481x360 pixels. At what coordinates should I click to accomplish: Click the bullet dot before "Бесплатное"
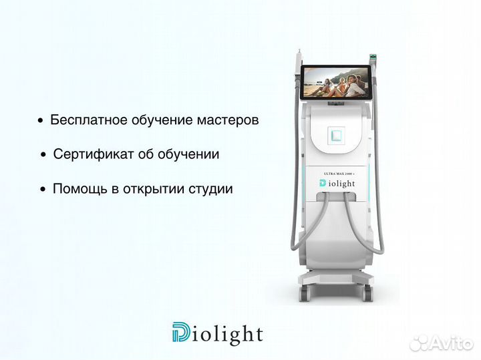[41, 122]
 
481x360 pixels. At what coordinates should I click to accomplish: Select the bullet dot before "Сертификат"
[43, 156]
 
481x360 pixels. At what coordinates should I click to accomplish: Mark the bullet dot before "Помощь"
[43, 190]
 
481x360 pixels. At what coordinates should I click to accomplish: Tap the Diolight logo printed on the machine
[341, 184]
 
